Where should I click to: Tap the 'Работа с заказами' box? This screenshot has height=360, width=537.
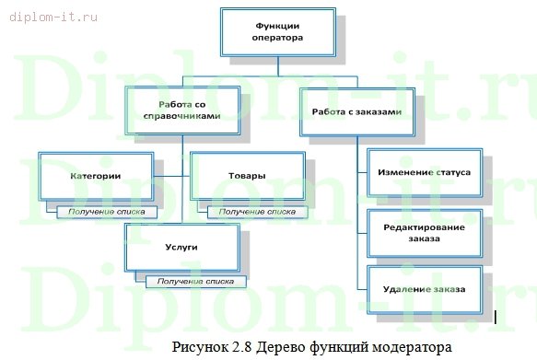pyautogui.click(x=356, y=111)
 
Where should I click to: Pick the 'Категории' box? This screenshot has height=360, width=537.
pyautogui.click(x=96, y=175)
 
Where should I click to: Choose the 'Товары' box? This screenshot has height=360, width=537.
pyautogui.click(x=247, y=175)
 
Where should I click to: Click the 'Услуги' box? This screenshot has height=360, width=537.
pyautogui.click(x=182, y=247)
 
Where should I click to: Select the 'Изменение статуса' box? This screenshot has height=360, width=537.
pyautogui.click(x=425, y=172)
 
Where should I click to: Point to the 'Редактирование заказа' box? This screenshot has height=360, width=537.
pyautogui.click(x=425, y=232)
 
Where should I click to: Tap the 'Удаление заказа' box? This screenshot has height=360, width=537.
pyautogui.click(x=425, y=289)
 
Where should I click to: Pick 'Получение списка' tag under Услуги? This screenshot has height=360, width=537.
pyautogui.click(x=193, y=280)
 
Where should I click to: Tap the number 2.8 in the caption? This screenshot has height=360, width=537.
pyautogui.click(x=242, y=347)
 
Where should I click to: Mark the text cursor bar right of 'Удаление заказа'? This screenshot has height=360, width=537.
pyautogui.click(x=496, y=318)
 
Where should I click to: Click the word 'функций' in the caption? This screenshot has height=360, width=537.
pyautogui.click(x=341, y=347)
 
